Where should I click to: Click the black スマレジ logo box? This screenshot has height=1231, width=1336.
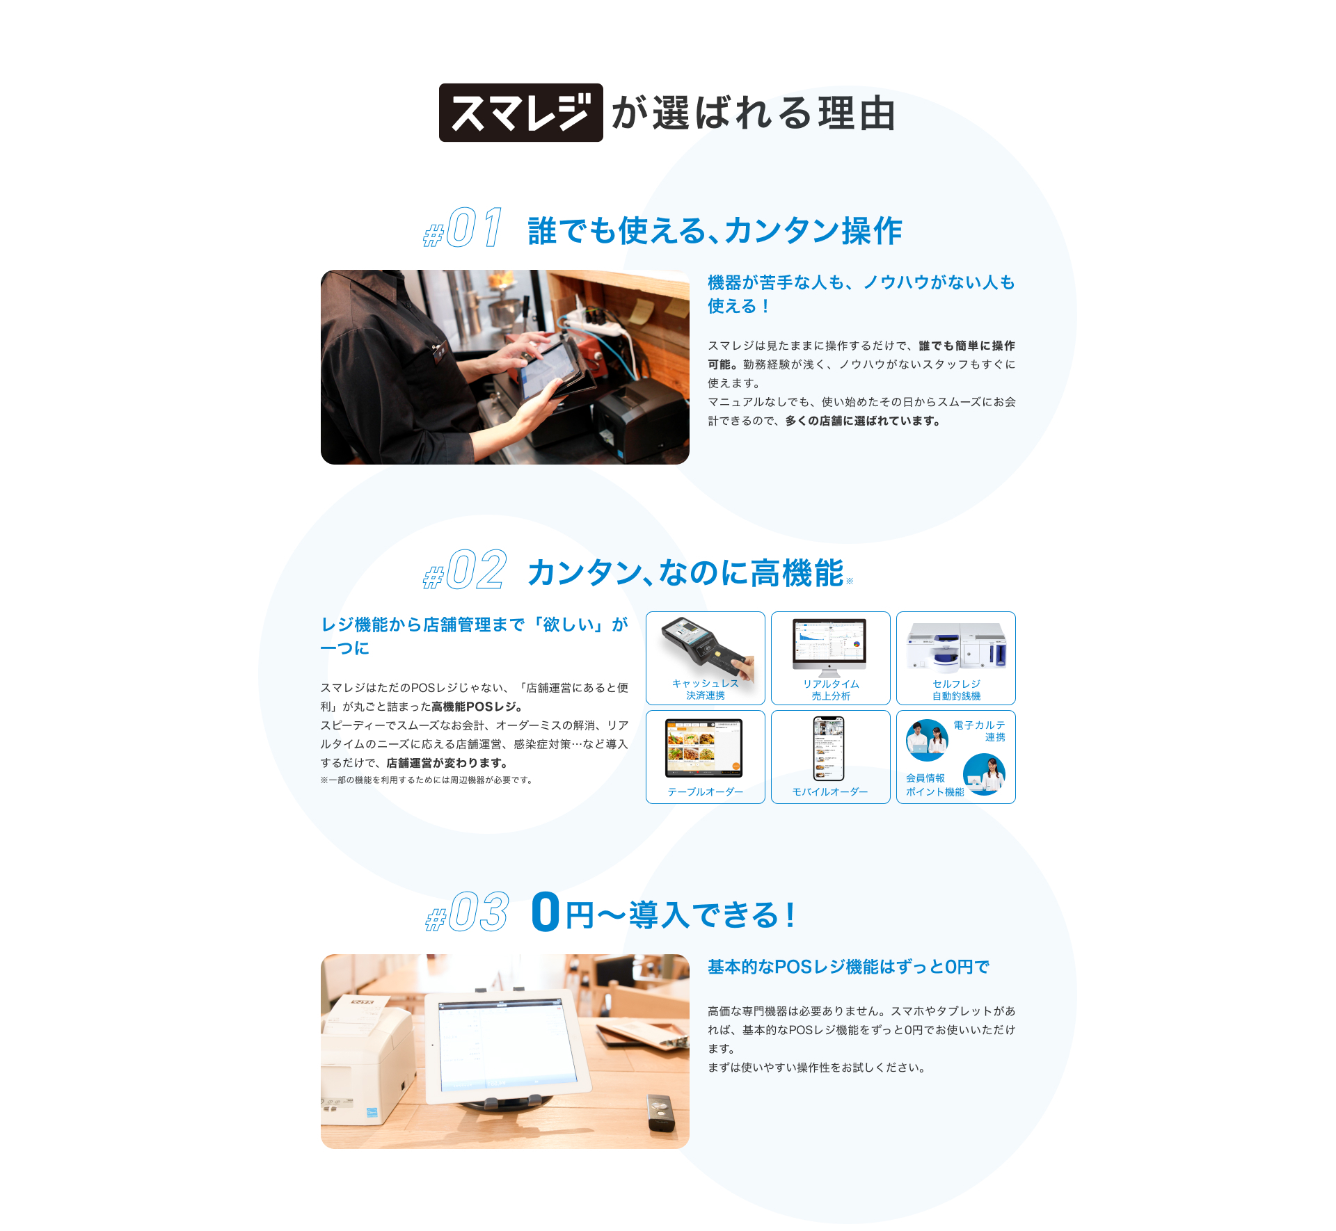pos(520,113)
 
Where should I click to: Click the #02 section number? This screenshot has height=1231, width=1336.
pos(465,570)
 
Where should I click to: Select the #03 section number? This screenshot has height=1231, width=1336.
pos(468,912)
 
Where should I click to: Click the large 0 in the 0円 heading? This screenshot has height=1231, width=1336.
pos(546,912)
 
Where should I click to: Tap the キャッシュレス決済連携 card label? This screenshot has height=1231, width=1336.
pos(705,689)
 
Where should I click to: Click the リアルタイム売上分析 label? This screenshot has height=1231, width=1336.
pos(831,690)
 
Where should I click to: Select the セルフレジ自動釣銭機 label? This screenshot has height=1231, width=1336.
pos(956,690)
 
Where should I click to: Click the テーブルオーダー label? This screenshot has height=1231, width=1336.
pos(705,791)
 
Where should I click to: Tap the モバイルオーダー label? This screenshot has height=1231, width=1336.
pos(830,791)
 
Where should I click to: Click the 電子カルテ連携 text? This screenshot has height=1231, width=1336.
pos(979,731)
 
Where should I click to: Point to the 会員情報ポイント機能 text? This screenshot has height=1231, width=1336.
pos(935,785)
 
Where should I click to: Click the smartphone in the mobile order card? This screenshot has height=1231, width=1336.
pos(829,748)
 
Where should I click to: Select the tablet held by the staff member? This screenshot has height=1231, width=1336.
pos(550,369)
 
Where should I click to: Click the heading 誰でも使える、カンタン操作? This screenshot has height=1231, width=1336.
pos(715,230)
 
